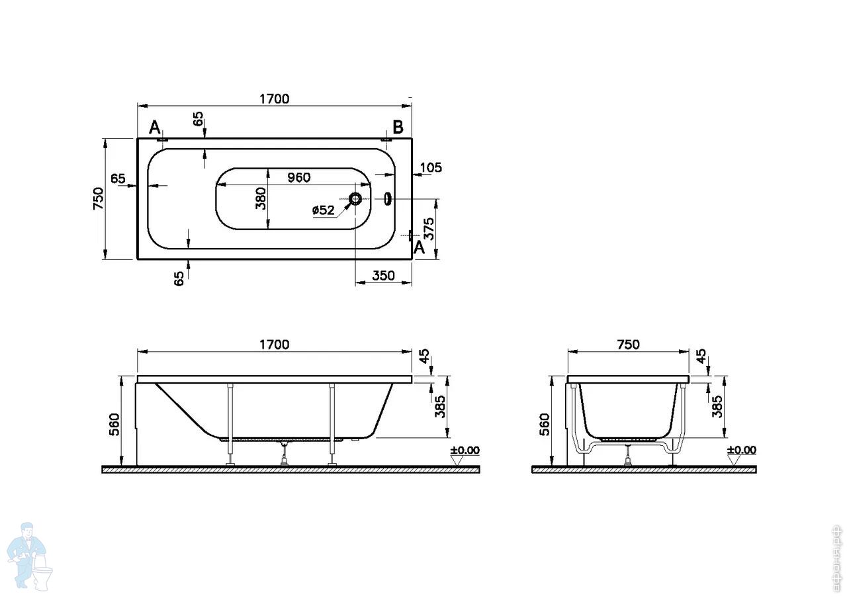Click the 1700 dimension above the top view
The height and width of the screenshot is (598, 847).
pos(274,99)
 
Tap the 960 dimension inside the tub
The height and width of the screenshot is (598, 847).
pos(298,177)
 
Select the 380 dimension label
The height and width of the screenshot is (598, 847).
pos(261,198)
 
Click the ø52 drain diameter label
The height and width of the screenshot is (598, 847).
pos(324,210)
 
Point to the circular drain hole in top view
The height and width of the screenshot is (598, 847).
pos(355,198)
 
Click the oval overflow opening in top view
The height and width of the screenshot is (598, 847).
pos(388,198)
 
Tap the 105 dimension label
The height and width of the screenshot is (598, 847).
pos(431,167)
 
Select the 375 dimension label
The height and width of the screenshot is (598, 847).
pos(429,228)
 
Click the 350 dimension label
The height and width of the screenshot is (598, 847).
pos(383,276)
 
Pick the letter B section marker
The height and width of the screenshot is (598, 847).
pos(398,128)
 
